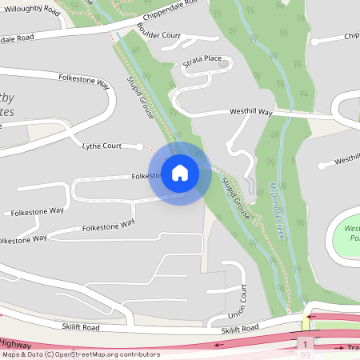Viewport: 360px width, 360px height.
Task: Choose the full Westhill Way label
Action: pyautogui.click(x=250, y=113)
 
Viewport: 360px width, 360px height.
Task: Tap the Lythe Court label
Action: pyautogui.click(x=102, y=146)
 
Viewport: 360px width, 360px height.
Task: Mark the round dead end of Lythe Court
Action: pyautogui.click(x=141, y=147)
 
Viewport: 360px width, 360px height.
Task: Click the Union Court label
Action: pyautogui.click(x=233, y=301)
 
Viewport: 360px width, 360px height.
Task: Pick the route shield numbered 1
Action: pyautogui.click(x=305, y=343)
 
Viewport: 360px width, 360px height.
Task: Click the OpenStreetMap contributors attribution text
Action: pyautogui.click(x=81, y=354)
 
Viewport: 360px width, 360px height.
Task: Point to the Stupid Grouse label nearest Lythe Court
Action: pyautogui.click(x=141, y=100)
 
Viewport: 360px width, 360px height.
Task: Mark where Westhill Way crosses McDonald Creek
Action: pyautogui.click(x=281, y=116)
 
